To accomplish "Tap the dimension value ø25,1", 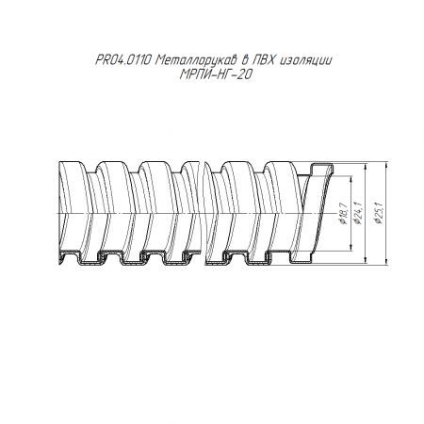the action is (379, 213).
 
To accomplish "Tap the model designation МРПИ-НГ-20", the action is (215, 74).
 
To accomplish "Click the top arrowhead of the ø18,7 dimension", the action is (351, 179).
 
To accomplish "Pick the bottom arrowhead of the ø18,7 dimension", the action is (351, 248).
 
